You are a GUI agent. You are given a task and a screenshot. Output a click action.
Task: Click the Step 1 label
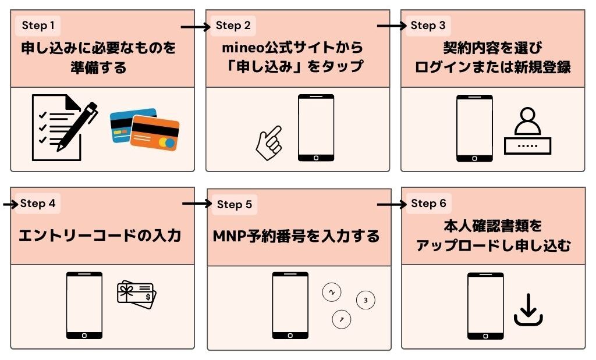point(38,26)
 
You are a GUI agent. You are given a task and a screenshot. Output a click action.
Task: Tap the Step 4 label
point(38,204)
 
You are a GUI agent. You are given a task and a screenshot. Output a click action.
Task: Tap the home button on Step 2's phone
point(316,157)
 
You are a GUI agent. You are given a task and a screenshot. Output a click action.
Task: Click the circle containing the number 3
point(365,301)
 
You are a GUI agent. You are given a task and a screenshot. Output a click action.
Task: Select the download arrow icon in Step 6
point(528,310)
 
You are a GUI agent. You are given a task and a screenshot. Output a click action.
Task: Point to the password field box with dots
point(527,145)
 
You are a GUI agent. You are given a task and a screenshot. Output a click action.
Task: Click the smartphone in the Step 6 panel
point(485,306)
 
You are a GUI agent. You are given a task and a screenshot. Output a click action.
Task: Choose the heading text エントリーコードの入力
point(100,236)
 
